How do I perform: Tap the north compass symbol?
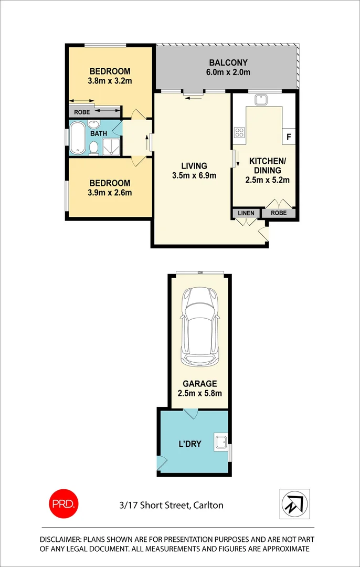(x=294, y=504)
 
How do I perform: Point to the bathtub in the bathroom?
(x=77, y=138)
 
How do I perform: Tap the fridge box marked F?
(x=289, y=137)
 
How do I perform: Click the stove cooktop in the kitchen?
(x=240, y=133)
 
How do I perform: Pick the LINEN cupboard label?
(x=246, y=213)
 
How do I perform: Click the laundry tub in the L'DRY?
(x=220, y=443)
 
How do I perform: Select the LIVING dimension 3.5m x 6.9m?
(x=194, y=176)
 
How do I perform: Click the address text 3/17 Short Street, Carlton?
(x=171, y=506)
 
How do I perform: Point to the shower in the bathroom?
(x=111, y=146)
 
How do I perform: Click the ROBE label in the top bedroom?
(x=81, y=112)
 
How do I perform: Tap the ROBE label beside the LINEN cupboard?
(x=279, y=213)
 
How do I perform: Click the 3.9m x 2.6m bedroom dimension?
(x=110, y=193)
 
